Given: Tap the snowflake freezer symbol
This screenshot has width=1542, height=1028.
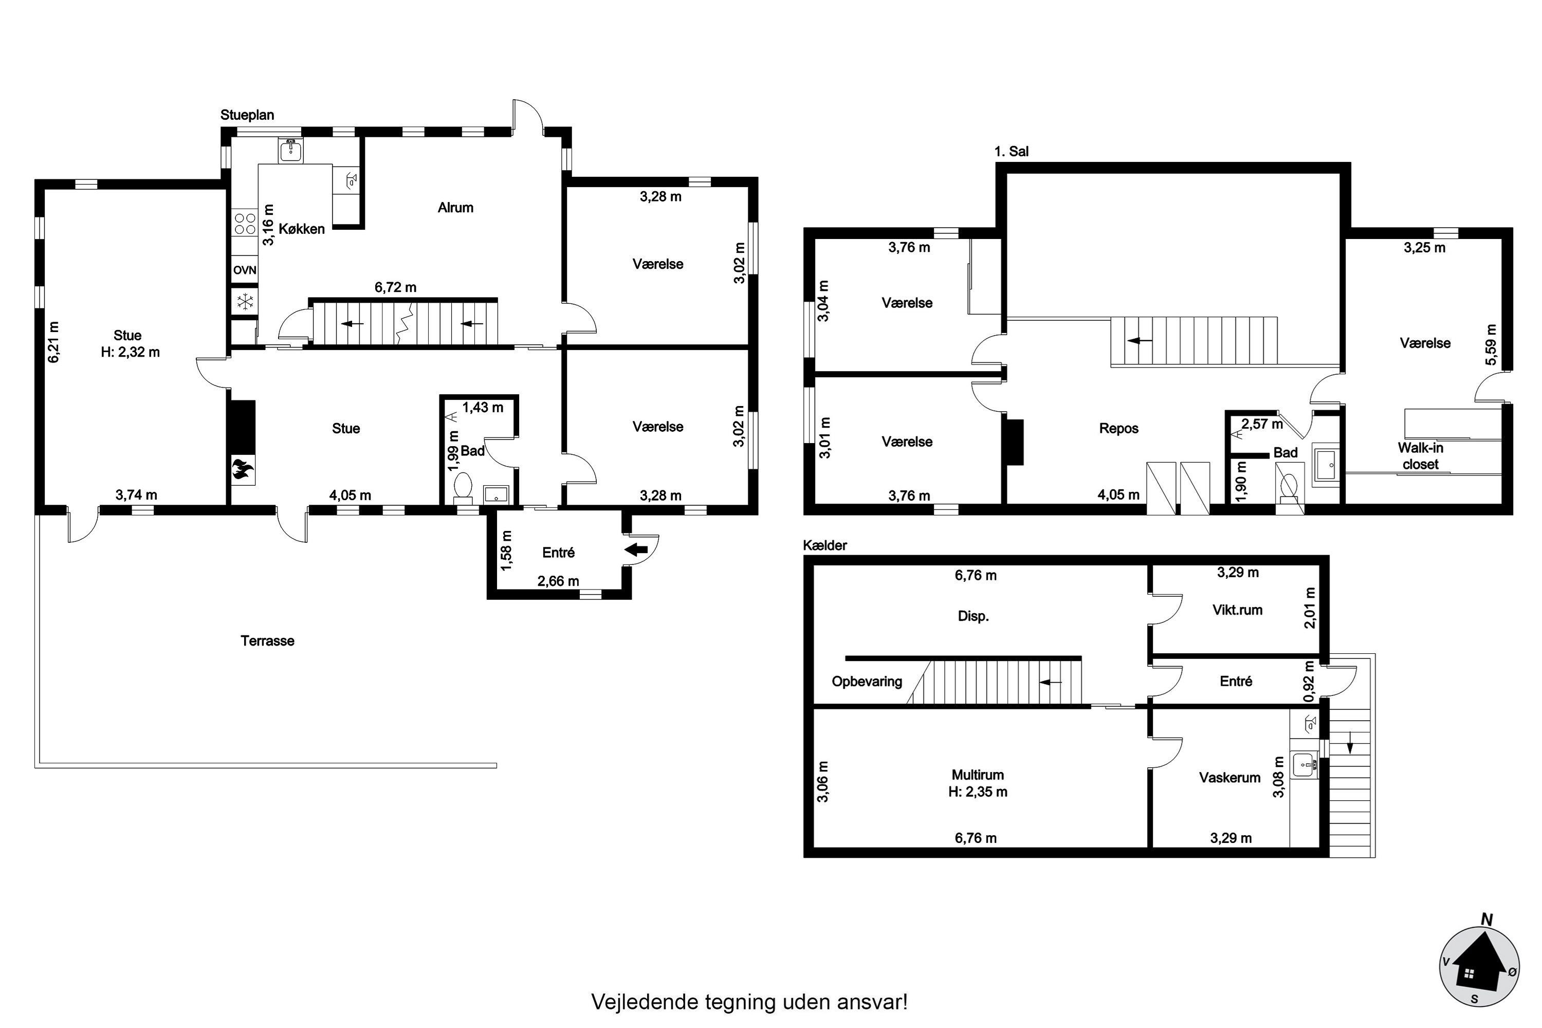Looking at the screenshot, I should pyautogui.click(x=245, y=302).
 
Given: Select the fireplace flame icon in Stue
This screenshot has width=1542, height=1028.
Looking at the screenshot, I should pyautogui.click(x=243, y=471).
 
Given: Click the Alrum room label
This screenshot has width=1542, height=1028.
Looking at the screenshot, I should pyautogui.click(x=455, y=208).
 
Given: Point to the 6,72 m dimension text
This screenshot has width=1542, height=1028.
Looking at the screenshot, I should pyautogui.click(x=395, y=287).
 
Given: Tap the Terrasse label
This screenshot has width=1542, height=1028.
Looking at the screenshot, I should pyautogui.click(x=267, y=641).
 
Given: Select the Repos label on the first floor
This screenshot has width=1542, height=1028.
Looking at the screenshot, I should pyautogui.click(x=1118, y=429).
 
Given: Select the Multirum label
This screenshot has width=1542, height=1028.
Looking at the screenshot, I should pyautogui.click(x=978, y=775).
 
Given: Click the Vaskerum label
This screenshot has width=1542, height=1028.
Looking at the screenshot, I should pyautogui.click(x=1229, y=778).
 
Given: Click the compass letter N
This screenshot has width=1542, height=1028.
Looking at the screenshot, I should pyautogui.click(x=1487, y=921).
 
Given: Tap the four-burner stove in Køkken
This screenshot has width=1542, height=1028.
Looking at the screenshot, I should pyautogui.click(x=245, y=224).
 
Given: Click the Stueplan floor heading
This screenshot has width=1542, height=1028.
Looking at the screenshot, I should pyautogui.click(x=247, y=115).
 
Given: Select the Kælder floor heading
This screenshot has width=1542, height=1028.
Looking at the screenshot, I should pyautogui.click(x=825, y=545).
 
